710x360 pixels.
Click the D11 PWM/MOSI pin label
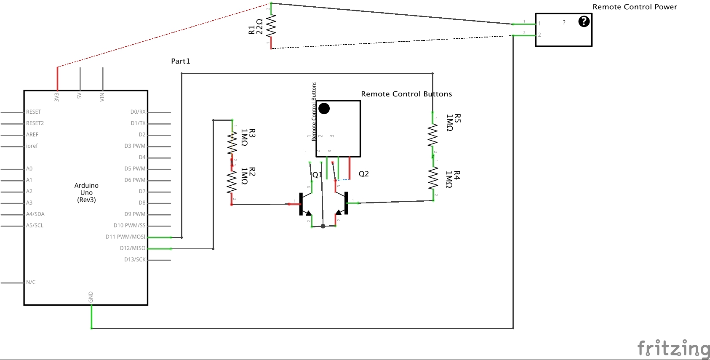125,237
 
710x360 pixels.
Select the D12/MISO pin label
133,248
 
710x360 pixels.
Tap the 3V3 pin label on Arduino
57,97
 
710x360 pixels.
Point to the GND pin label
91,297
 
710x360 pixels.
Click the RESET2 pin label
35,123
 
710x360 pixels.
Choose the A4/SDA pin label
35,214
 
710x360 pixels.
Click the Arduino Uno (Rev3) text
86,192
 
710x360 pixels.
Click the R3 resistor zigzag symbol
232,143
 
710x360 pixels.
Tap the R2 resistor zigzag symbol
232,182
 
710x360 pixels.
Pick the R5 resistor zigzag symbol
432,136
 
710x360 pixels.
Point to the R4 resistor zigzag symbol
433,179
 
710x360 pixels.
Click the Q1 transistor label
317,175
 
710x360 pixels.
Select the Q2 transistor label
363,174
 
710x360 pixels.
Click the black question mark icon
584,21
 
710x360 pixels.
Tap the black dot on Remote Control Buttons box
324,109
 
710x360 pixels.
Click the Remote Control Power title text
635,7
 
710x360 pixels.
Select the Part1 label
180,61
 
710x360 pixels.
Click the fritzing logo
673,349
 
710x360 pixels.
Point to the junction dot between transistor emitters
323,226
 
